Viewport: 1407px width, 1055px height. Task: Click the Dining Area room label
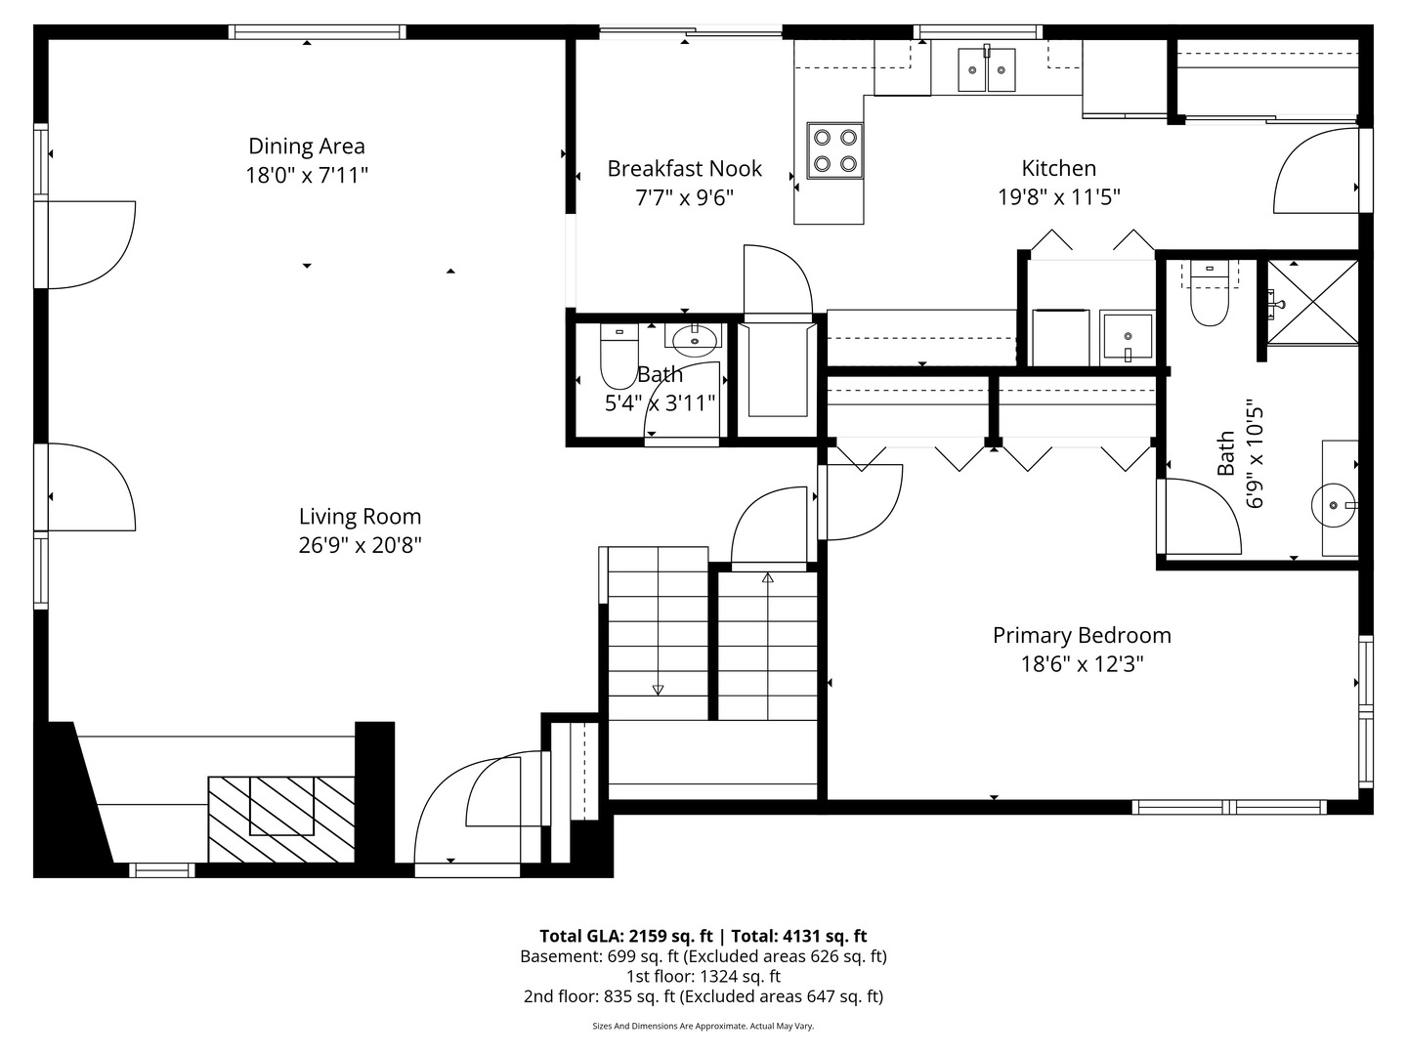tap(307, 147)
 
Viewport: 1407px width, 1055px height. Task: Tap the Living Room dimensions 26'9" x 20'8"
tap(360, 545)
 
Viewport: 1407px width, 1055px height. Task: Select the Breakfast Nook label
tap(684, 169)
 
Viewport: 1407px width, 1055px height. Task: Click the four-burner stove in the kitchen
tap(834, 150)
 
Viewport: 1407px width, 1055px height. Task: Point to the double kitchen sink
tap(986, 69)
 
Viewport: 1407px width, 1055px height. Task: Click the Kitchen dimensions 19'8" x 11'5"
tap(1058, 197)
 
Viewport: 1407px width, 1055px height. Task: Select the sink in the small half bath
tap(694, 339)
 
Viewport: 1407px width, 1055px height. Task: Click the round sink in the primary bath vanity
tap(1333, 505)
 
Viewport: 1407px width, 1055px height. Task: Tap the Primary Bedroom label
tap(1082, 636)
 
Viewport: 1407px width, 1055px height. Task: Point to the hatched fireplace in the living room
tap(281, 819)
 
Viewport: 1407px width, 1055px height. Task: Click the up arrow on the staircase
tap(768, 578)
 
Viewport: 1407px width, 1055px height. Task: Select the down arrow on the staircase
tap(658, 690)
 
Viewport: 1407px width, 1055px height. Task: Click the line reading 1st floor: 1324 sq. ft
tap(703, 976)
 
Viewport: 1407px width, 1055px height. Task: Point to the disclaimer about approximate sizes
tap(703, 1026)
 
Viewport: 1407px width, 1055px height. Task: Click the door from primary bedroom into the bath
tap(1200, 516)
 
